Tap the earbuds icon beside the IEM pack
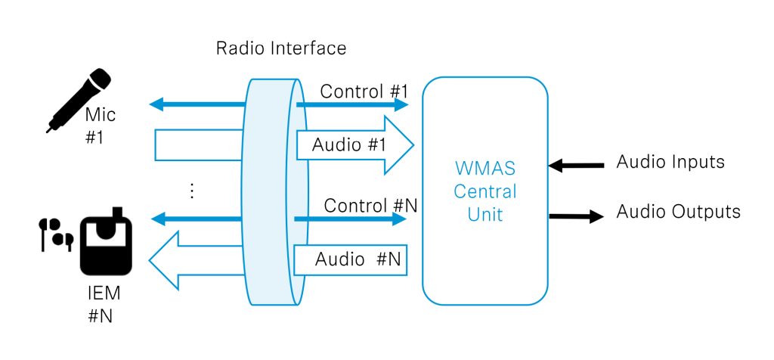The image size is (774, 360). tap(55, 234)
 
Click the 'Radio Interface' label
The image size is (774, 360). tap(281, 49)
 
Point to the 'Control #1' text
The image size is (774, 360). tap(364, 92)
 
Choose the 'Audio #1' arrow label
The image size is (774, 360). tap(348, 144)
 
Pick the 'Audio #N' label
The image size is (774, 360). tap(352, 259)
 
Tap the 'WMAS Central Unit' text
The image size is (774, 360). tap(485, 191)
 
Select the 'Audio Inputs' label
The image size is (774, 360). tap(670, 162)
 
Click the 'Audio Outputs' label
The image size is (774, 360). tap(678, 212)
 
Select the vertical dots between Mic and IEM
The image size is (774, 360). tap(192, 191)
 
